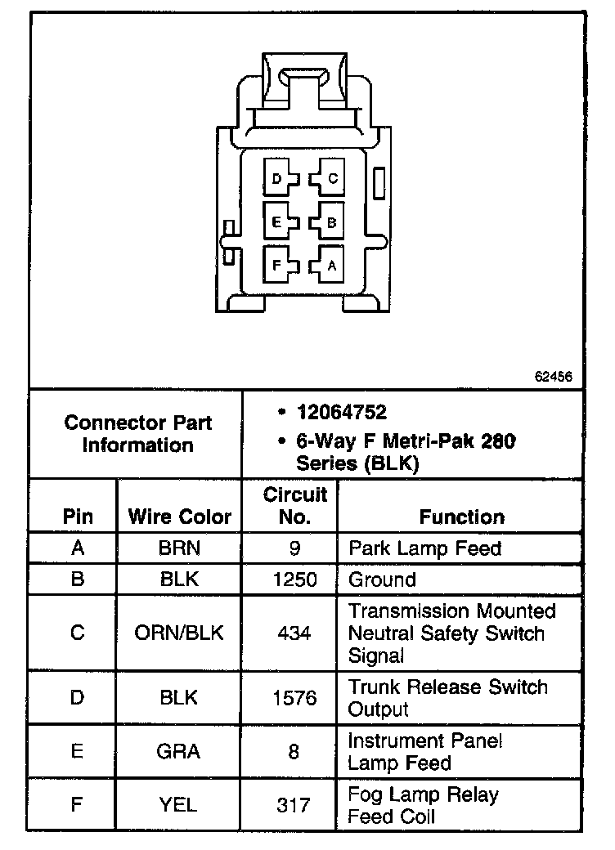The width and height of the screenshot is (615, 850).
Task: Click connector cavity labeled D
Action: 281,179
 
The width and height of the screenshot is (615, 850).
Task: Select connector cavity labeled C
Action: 328,178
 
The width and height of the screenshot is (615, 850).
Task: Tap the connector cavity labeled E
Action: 281,221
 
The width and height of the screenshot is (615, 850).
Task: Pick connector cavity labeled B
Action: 328,221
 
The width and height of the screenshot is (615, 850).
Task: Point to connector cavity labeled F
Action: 281,265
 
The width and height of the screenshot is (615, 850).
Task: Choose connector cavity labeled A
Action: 328,265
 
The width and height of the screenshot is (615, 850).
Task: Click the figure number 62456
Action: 553,377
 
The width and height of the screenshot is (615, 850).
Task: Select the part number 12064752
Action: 342,412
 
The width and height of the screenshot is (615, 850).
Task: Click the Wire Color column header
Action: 179,517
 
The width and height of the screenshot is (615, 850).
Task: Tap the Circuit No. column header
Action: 294,506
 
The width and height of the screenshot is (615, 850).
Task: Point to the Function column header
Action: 461,517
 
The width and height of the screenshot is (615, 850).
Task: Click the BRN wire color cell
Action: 179,548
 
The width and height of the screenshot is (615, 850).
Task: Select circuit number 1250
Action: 294,579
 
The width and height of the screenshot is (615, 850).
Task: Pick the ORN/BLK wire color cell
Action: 179,633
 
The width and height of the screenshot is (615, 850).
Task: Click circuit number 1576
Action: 294,698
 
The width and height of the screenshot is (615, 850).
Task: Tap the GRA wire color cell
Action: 179,752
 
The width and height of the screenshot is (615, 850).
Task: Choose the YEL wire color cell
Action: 179,805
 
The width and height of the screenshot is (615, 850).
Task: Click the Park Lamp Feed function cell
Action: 424,548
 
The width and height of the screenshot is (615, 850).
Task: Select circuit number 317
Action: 294,805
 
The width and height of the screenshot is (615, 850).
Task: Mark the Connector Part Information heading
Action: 137,434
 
